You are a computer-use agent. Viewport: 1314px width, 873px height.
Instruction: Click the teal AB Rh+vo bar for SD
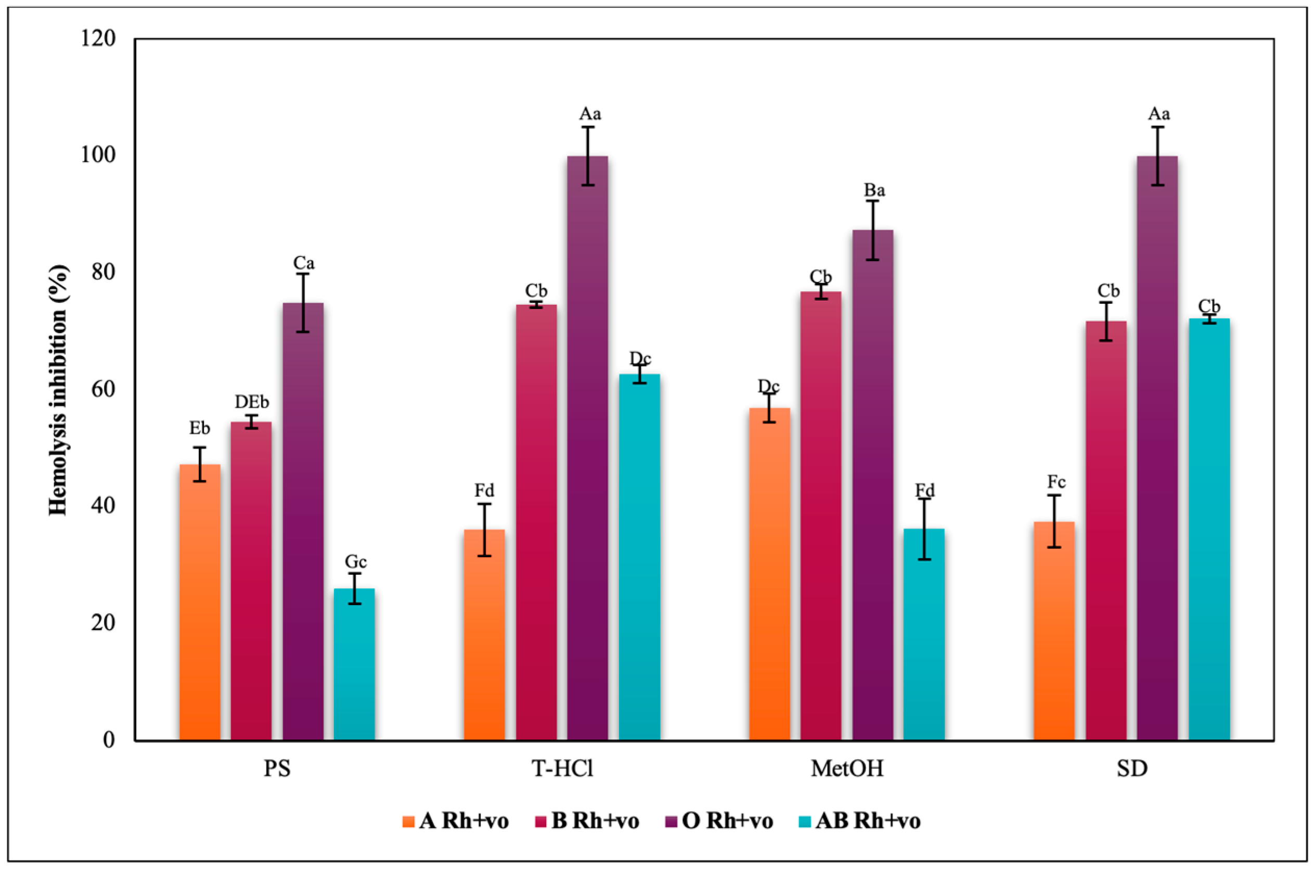tap(1209, 529)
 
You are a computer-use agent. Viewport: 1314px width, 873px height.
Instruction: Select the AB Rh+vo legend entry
tap(859, 820)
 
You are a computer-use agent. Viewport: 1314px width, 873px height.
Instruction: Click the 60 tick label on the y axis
tap(104, 389)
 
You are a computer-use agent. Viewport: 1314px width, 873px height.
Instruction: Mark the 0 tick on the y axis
tap(109, 739)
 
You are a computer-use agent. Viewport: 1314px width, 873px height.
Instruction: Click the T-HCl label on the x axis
tap(562, 768)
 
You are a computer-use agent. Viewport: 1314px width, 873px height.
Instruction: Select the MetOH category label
tap(847, 768)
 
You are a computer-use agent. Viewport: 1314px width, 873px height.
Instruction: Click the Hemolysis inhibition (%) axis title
tap(58, 390)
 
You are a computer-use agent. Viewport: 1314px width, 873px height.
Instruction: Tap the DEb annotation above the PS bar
tap(252, 402)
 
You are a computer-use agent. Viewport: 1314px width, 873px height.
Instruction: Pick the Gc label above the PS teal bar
tap(355, 561)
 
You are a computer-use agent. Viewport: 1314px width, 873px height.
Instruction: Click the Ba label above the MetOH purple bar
tap(874, 190)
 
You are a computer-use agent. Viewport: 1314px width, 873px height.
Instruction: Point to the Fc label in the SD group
tap(1056, 482)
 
